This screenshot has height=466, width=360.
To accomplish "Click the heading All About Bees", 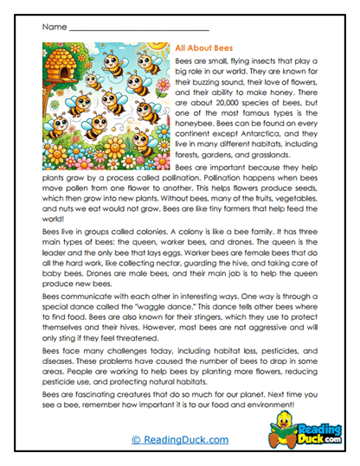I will click(206, 50).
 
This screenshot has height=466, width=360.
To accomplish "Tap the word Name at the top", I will click(53, 27).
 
